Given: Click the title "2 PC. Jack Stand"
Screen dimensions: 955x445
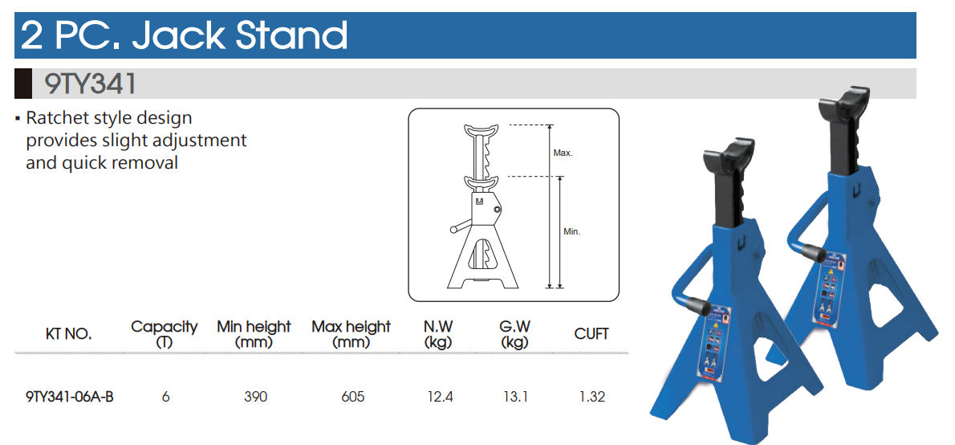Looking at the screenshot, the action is (x=184, y=35).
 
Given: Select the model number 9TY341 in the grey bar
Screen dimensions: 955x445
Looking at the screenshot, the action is (x=90, y=84).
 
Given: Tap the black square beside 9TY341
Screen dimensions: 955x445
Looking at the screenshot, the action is (x=23, y=84).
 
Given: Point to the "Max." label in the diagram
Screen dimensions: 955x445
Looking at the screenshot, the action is (x=563, y=153).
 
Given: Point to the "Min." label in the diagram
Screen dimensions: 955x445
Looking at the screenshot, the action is (x=571, y=231).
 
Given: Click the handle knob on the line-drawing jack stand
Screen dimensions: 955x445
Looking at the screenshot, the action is (x=453, y=229).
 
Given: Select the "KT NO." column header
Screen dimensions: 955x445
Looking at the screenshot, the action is (x=68, y=334).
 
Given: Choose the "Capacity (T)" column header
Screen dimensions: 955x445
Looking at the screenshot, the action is (x=165, y=334).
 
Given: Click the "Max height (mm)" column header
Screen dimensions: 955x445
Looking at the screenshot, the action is (x=351, y=334).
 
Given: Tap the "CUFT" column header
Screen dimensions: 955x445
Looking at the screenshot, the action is (x=591, y=334).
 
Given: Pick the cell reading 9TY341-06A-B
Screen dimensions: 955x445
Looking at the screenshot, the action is (x=70, y=397).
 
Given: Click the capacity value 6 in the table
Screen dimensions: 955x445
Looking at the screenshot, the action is (x=165, y=397).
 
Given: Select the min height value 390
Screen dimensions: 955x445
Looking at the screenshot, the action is (x=255, y=397).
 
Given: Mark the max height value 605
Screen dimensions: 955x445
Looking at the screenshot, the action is (x=352, y=397).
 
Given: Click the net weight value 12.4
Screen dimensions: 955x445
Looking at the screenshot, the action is (x=440, y=397).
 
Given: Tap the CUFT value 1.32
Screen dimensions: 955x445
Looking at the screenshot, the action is (x=591, y=397).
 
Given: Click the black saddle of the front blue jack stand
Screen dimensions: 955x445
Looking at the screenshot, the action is (x=729, y=158).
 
